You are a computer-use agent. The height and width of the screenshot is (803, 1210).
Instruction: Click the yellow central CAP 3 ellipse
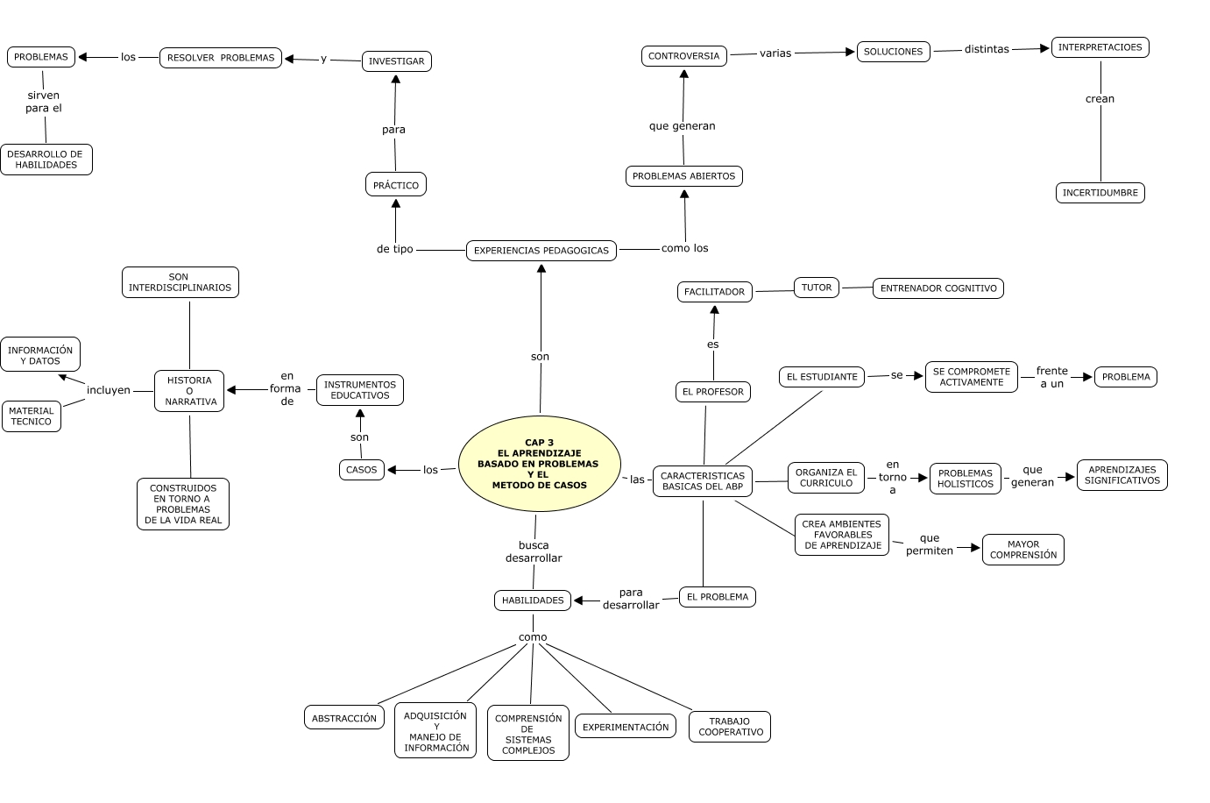point(539,464)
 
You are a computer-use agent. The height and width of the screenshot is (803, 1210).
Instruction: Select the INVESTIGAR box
point(396,61)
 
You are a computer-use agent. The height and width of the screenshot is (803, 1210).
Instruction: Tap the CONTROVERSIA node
point(683,56)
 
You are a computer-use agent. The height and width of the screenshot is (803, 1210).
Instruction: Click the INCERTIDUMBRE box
point(1100,193)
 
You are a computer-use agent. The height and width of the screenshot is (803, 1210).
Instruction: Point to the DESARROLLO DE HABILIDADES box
point(46,160)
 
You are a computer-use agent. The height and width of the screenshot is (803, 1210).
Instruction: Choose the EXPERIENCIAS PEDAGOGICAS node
point(541,251)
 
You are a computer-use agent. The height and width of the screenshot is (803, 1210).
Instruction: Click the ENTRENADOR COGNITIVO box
point(938,288)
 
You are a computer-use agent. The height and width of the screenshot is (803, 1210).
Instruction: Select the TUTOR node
point(816,288)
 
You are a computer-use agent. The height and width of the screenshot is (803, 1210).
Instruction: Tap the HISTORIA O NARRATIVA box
point(189,391)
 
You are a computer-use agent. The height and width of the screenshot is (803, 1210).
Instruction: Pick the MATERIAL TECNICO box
point(32,416)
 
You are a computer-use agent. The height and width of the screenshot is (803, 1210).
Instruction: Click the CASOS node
point(361,470)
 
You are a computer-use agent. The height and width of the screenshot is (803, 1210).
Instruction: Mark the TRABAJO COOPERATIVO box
point(730,727)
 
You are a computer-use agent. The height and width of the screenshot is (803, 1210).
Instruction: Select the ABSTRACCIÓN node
point(344,718)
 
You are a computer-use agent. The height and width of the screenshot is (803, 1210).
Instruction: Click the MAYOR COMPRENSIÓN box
point(1022,550)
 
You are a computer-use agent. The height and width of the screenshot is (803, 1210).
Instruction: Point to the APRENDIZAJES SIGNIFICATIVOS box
point(1122,475)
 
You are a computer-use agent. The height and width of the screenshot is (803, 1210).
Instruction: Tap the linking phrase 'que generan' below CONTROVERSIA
point(682,126)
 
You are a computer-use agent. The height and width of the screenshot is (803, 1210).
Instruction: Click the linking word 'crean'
point(1100,99)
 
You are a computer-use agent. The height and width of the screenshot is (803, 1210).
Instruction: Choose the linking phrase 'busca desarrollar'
point(534,551)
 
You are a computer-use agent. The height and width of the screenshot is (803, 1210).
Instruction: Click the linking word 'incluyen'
point(109,390)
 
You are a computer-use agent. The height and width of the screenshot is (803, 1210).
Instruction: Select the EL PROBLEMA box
point(717,597)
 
